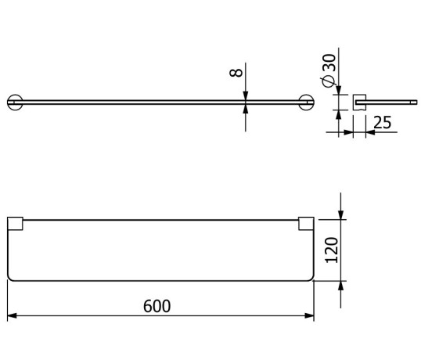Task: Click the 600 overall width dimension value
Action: [x=157, y=305]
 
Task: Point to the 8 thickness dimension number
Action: [x=236, y=74]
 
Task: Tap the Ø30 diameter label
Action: [x=329, y=73]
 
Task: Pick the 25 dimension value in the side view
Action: [x=383, y=122]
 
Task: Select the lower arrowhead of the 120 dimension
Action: [x=341, y=284]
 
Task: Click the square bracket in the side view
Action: [x=360, y=101]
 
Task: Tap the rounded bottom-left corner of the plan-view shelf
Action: [x=11, y=276]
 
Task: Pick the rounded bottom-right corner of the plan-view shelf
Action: [x=311, y=276]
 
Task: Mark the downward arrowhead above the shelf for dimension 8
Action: [x=246, y=95]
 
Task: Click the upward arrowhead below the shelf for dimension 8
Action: [x=246, y=108]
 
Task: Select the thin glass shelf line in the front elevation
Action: [x=157, y=101]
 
